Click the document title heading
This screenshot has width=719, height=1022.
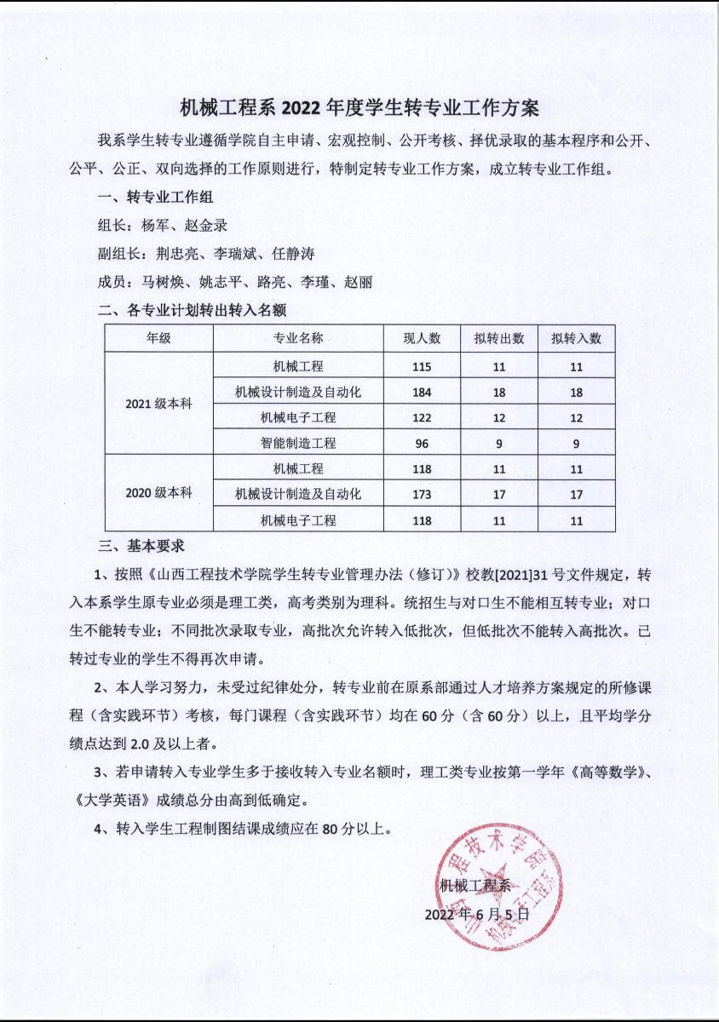[359, 108]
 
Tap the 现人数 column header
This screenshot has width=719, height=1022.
[423, 338]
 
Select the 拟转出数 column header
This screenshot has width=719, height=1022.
[499, 338]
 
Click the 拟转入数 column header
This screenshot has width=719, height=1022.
[576, 338]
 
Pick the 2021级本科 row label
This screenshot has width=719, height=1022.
[158, 404]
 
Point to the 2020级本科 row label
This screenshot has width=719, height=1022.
[158, 493]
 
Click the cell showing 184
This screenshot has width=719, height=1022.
[423, 393]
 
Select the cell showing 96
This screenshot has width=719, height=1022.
[423, 443]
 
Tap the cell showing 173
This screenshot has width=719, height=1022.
[423, 494]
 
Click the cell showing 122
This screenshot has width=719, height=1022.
[423, 417]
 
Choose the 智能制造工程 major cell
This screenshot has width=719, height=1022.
[298, 443]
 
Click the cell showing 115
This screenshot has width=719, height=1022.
[423, 367]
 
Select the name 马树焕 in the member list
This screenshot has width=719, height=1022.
[162, 282]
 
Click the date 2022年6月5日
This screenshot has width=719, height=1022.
[477, 915]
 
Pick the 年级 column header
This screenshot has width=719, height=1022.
[158, 338]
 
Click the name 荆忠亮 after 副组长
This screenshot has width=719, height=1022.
[181, 254]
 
